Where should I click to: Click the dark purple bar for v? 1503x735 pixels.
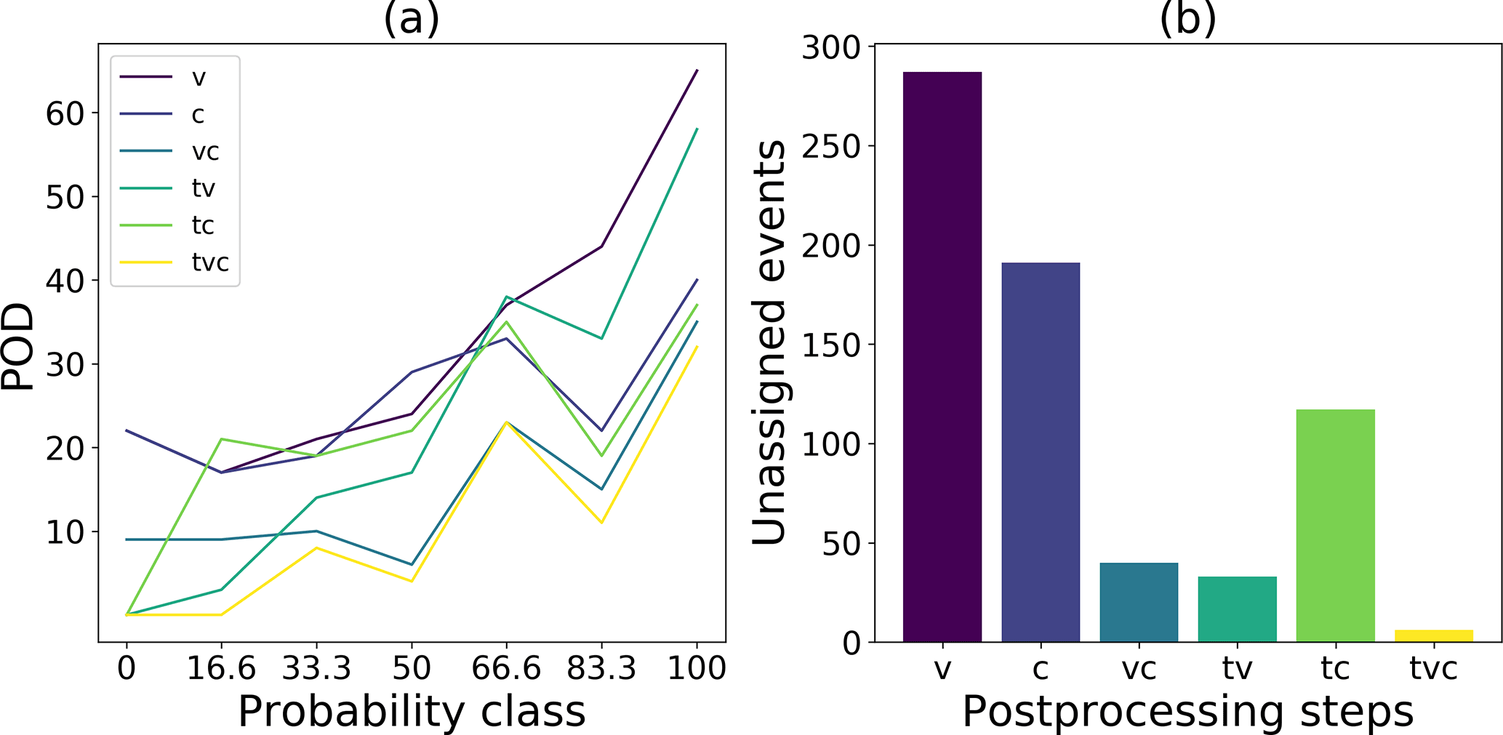tap(942, 356)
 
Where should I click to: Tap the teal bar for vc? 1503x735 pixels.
tap(1139, 602)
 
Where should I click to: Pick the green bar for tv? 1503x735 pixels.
tap(1237, 609)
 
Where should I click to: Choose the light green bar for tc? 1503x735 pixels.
tap(1335, 525)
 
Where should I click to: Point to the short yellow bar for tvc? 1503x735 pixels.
tap(1433, 635)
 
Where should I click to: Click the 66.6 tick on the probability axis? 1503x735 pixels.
tap(506, 667)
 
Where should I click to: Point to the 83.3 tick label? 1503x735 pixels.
tap(601, 667)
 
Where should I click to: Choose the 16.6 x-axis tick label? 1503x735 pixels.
tap(221, 667)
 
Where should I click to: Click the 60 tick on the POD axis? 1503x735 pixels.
tap(65, 113)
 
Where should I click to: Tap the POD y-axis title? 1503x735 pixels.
tap(17, 347)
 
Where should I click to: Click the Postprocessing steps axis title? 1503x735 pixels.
tap(1187, 712)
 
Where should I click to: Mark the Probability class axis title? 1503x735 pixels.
tap(412, 712)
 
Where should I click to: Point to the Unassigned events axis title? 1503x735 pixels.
tap(769, 342)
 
